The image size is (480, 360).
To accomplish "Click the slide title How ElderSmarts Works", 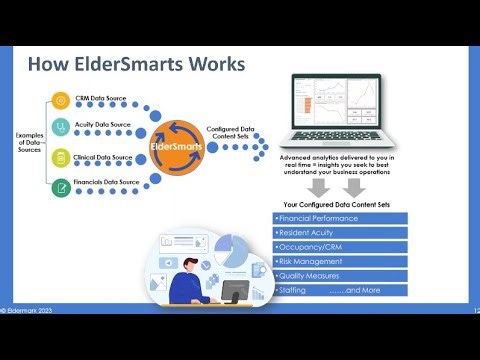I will (135, 65).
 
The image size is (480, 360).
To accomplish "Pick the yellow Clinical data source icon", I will (61, 156).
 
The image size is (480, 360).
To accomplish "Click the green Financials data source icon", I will (61, 183).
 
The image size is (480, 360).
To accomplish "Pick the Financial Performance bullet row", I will (340, 217).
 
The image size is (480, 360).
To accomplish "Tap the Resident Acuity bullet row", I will (340, 232).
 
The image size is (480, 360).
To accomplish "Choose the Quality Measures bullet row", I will (340, 275).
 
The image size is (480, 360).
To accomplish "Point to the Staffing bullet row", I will (340, 290).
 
